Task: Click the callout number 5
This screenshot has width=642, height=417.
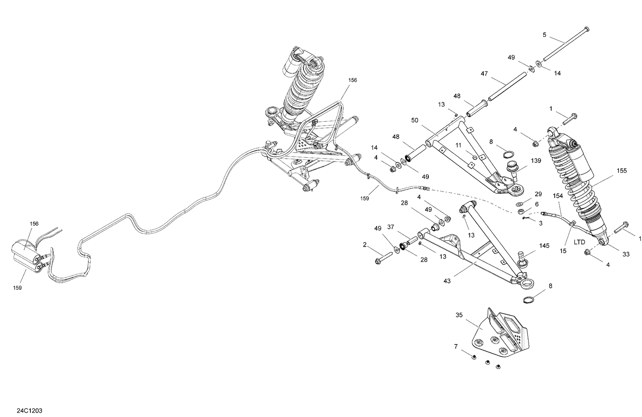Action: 544,35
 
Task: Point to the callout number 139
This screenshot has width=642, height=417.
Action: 536,161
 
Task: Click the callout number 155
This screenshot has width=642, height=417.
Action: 621,171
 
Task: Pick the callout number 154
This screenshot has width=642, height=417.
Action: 558,195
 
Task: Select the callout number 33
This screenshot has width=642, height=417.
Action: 626,254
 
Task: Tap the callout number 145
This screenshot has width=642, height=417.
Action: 544,246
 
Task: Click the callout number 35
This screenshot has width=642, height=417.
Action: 459,315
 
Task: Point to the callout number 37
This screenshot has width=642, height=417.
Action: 390,227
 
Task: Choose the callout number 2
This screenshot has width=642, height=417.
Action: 365,245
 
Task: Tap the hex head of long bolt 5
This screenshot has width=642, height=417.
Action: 586,29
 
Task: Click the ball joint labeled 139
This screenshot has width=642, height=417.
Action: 512,168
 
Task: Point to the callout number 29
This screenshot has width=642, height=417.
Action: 538,194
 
